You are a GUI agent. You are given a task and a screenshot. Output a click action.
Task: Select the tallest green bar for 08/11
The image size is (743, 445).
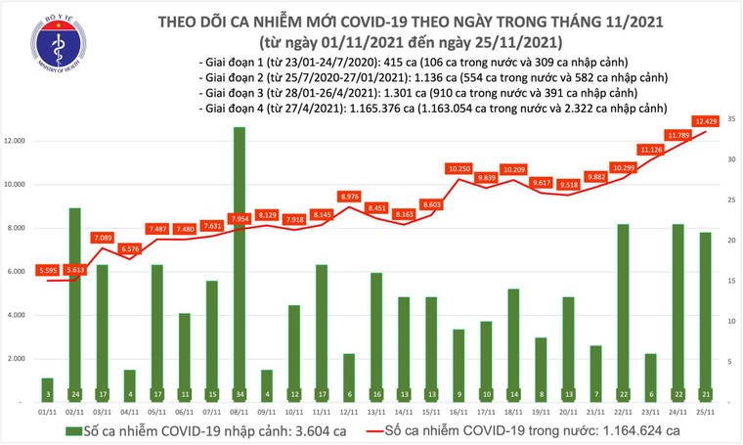pyautogui.click(x=240, y=264)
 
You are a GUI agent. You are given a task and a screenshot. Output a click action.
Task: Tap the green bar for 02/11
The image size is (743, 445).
pyautogui.click(x=74, y=303)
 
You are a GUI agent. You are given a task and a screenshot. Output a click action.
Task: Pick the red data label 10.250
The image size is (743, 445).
pyautogui.click(x=459, y=169)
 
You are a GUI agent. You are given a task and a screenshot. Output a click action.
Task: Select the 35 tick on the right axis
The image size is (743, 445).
pyautogui.click(x=731, y=118)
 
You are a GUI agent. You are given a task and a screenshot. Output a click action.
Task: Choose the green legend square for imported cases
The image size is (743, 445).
pyautogui.click(x=73, y=430)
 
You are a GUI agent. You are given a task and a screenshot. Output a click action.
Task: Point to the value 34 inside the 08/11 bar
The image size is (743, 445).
pyautogui.click(x=240, y=394)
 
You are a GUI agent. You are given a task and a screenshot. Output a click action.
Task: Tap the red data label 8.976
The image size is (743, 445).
pyautogui.click(x=349, y=197)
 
